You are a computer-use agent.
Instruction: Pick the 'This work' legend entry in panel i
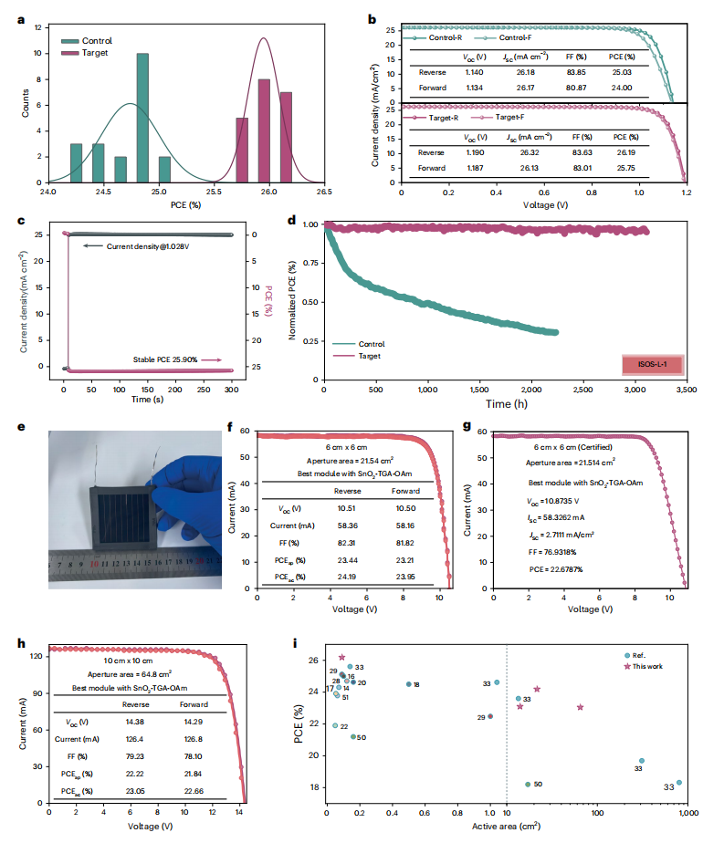pos(643,666)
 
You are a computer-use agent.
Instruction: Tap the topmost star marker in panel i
pos(342,657)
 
